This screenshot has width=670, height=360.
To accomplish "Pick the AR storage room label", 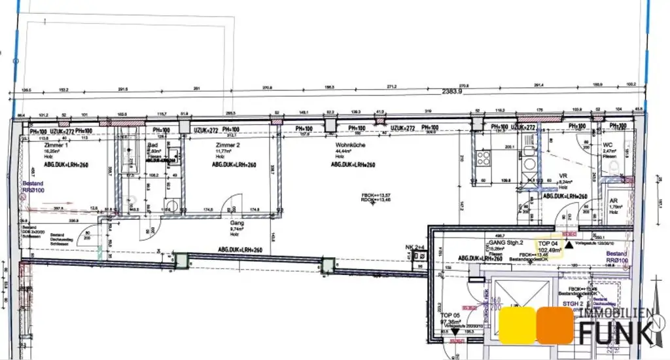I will pyautogui.click(x=613, y=201).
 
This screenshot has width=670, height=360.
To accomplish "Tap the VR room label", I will pyautogui.click(x=562, y=176).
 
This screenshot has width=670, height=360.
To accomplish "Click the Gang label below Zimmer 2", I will pyautogui.click(x=236, y=223).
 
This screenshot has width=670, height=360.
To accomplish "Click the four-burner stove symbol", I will pyautogui.click(x=484, y=157).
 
